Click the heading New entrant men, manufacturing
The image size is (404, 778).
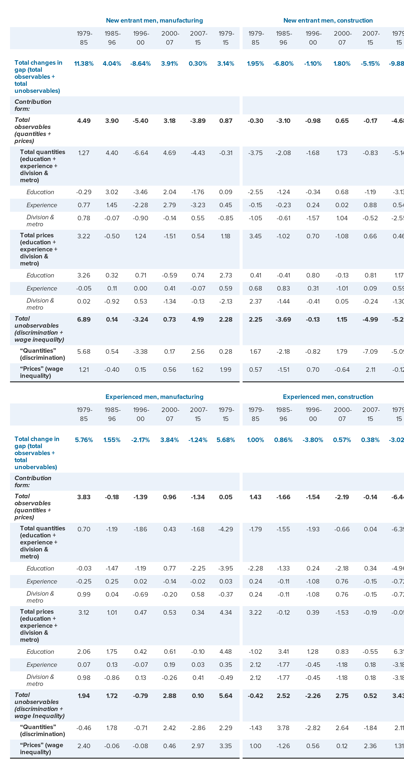(154, 21)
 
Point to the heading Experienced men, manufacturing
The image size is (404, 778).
(154, 397)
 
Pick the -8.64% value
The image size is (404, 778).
(140, 63)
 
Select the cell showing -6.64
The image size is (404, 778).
(140, 153)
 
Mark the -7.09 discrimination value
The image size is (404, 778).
(370, 351)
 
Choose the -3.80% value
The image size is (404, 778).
(313, 440)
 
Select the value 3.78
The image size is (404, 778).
(283, 728)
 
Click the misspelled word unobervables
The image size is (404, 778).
(36, 467)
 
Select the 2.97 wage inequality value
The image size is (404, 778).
(198, 746)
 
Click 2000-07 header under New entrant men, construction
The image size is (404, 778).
(342, 38)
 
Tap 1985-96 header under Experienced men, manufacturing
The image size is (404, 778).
(112, 414)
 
